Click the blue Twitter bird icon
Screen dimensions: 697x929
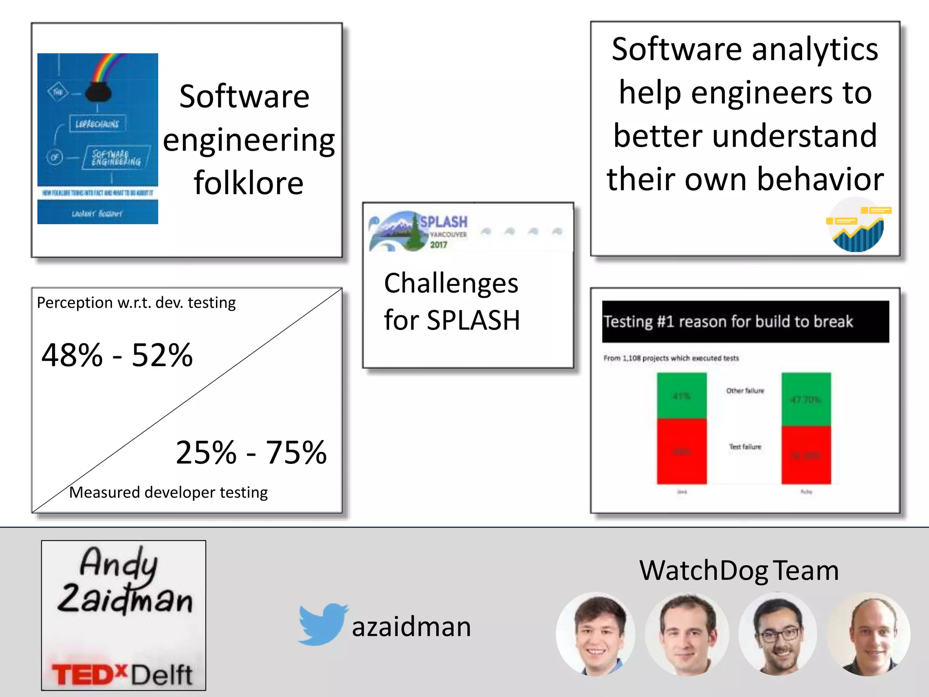pos(322,624)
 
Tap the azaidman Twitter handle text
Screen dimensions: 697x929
pos(411,627)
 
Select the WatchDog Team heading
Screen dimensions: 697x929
pos(738,570)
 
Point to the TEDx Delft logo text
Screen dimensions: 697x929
pos(122,674)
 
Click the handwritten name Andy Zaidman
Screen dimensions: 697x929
pos(123,581)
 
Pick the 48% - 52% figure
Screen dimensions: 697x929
pos(117,355)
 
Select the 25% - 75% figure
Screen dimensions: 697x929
pos(251,452)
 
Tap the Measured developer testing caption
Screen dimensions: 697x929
pos(168,492)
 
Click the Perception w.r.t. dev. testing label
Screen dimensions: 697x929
pos(136,303)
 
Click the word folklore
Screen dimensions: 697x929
pos(249,183)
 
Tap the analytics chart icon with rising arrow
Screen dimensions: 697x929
pos(857,225)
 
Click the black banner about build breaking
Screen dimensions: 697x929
pos(745,321)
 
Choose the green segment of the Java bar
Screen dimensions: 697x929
pos(681,395)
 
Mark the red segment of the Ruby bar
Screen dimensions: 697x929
pos(806,455)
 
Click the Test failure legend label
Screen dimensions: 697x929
pos(745,447)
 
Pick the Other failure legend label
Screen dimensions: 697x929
pos(745,391)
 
